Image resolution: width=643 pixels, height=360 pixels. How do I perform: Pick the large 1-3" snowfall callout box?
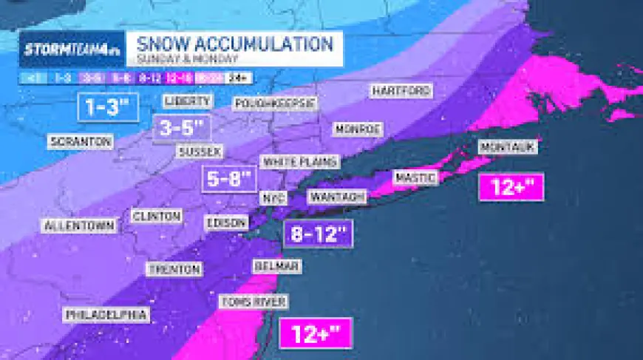(x=108, y=107)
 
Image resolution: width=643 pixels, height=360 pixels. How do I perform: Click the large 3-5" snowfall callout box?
(x=181, y=129)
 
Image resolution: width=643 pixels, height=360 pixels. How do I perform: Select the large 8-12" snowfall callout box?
(x=318, y=234)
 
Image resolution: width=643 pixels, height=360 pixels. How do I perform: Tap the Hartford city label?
(x=401, y=91)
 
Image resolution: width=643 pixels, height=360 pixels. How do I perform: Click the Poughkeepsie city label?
(x=275, y=103)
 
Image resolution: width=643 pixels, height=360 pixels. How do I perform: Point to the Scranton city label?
(x=81, y=140)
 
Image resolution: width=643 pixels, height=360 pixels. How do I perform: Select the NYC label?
(x=271, y=198)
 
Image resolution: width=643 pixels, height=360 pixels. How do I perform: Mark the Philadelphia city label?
(x=106, y=314)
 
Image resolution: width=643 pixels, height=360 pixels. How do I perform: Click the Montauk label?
(x=506, y=147)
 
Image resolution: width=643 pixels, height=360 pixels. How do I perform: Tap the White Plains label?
(x=300, y=161)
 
